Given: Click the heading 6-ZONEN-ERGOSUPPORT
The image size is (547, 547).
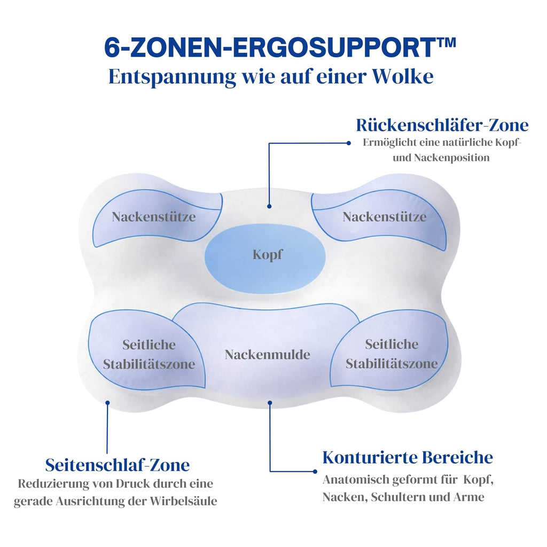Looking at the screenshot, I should click(x=272, y=48).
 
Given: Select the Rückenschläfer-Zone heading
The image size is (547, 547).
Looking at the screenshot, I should click(x=442, y=126).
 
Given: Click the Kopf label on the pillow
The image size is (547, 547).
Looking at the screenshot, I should click(x=268, y=255).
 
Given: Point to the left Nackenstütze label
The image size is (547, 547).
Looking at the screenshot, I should click(x=154, y=217).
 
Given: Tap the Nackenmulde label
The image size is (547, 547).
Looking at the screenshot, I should click(x=267, y=354).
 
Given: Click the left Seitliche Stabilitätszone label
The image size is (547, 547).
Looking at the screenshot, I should click(x=149, y=355).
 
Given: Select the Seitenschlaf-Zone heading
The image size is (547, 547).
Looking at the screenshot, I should click(x=118, y=465).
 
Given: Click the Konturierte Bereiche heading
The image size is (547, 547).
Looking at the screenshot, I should click(x=408, y=458).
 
